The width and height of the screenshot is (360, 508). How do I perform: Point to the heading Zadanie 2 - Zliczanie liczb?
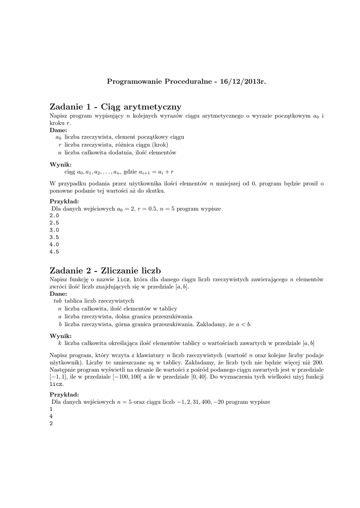(106, 271)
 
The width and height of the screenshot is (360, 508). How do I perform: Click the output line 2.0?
(54, 216)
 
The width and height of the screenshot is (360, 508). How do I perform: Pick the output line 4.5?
(54, 252)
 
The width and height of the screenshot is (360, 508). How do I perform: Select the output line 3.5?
(54, 237)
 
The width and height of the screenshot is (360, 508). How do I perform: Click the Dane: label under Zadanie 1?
(59, 130)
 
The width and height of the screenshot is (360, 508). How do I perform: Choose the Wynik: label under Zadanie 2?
(61, 336)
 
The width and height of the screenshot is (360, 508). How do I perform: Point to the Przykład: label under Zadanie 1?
(64, 201)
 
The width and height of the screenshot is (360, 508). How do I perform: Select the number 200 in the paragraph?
(317, 363)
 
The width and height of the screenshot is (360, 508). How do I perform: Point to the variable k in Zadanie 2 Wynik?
(60, 343)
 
